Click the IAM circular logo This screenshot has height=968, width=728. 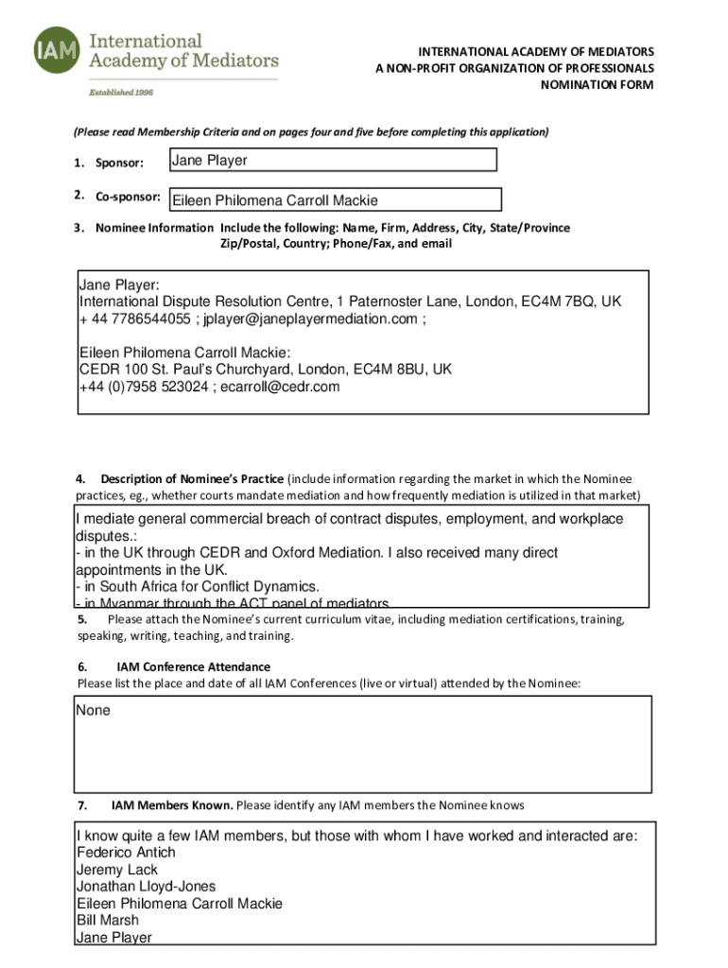(x=57, y=50)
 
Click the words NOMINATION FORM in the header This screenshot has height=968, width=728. (x=596, y=85)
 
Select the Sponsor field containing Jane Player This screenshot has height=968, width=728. (x=332, y=160)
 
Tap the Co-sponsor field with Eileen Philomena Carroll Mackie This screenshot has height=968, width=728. (x=334, y=199)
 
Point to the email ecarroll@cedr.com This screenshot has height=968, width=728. (x=280, y=387)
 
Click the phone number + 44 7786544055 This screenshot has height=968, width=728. (x=135, y=319)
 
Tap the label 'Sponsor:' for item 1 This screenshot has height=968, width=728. (x=118, y=164)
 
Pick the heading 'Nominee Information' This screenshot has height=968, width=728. (x=154, y=228)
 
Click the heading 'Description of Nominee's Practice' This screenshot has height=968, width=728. (x=192, y=478)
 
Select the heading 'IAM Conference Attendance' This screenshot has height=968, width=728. (x=193, y=666)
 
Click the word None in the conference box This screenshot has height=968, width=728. (x=94, y=710)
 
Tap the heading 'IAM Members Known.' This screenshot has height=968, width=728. (x=172, y=805)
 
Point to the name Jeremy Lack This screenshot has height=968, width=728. (x=117, y=870)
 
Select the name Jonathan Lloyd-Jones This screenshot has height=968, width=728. (x=146, y=887)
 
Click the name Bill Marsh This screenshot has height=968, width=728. (x=108, y=921)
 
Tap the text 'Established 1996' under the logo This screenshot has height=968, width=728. (x=121, y=92)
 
